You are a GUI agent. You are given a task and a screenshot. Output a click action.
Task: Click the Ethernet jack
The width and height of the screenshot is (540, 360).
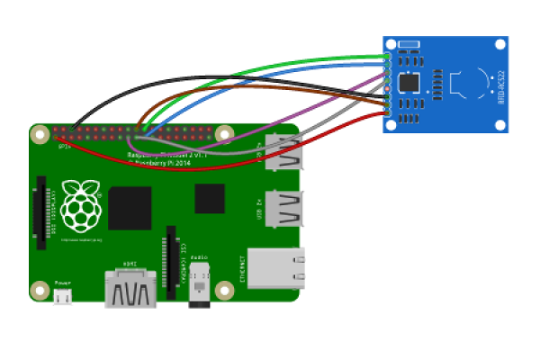(274, 267)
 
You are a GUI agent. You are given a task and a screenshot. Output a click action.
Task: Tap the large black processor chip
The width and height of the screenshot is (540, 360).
(130, 208)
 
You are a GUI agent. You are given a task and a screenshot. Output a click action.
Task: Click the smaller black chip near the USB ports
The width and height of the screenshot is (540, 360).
(210, 198)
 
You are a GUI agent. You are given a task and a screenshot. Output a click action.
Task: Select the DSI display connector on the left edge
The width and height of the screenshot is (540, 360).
(41, 213)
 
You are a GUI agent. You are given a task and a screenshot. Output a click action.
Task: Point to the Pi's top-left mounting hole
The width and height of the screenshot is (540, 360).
(39, 135)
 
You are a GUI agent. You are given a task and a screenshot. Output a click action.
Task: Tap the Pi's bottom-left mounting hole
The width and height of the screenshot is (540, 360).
(39, 290)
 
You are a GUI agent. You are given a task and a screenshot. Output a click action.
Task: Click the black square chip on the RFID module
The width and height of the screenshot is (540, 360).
(409, 83)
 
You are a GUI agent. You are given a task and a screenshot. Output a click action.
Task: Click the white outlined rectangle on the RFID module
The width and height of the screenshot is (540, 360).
(409, 44)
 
